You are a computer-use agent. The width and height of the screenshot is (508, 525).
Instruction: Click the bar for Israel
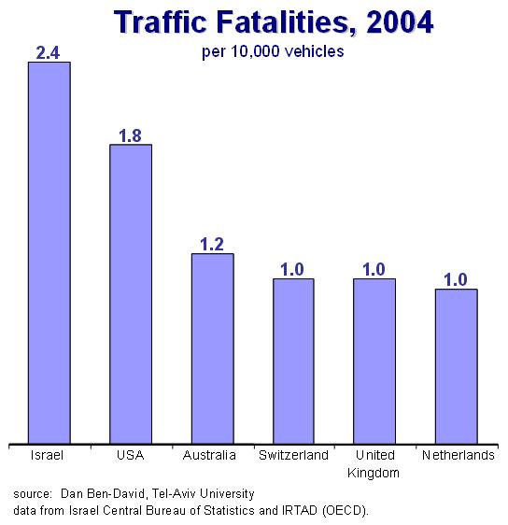click(x=49, y=253)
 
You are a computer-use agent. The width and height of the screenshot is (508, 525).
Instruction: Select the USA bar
click(x=131, y=294)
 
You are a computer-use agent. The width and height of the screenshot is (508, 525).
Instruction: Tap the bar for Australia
click(x=213, y=348)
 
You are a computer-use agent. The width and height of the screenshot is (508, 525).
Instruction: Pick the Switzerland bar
click(x=293, y=362)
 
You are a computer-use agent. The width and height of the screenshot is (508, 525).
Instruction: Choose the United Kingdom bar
click(x=374, y=362)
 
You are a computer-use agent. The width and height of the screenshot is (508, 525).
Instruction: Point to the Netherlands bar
click(x=456, y=366)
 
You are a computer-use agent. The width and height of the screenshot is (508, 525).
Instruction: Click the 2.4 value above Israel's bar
click(x=48, y=53)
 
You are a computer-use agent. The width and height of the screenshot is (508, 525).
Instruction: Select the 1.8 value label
click(x=130, y=136)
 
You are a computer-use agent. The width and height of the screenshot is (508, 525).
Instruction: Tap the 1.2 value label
click(x=212, y=245)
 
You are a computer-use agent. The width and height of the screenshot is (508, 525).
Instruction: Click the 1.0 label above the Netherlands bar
click(x=456, y=280)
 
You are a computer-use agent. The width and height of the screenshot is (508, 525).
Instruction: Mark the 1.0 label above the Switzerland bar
click(x=292, y=270)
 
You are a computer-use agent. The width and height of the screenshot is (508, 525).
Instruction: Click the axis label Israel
click(x=47, y=455)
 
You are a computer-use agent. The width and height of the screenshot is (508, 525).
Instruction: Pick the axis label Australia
click(x=209, y=455)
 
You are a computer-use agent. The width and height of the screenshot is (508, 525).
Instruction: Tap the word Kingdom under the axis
click(x=374, y=473)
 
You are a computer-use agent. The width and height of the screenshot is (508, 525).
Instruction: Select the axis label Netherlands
click(x=459, y=455)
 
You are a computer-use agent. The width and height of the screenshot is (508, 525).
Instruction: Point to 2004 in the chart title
click(x=400, y=21)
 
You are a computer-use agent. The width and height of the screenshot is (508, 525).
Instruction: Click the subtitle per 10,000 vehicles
click(x=273, y=52)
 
